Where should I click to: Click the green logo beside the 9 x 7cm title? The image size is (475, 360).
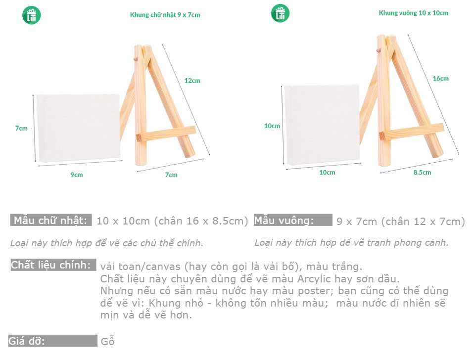(32, 15)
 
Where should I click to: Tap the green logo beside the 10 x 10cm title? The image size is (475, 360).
(280, 13)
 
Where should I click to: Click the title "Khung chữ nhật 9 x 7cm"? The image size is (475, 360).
(165, 15)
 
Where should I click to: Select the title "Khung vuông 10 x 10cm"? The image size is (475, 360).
(414, 13)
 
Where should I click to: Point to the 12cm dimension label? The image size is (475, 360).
(192, 81)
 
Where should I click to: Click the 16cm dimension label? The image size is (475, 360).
(440, 79)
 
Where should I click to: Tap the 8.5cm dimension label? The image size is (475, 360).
(422, 172)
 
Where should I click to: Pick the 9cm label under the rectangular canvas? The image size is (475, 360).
(77, 175)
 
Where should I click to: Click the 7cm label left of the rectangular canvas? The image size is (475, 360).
(21, 128)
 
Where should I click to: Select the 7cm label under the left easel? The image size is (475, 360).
(171, 175)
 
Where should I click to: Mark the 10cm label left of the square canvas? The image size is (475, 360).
(272, 126)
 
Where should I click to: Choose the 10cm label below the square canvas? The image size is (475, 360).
(327, 172)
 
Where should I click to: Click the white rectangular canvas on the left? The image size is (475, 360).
(78, 128)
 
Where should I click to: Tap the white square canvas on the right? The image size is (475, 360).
(322, 125)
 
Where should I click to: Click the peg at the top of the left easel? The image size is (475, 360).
(136, 59)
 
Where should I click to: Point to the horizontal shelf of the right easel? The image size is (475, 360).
(412, 132)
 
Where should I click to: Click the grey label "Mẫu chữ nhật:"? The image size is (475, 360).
(50, 220)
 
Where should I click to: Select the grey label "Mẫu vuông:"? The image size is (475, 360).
(293, 220)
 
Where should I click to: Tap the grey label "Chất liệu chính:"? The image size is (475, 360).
(53, 265)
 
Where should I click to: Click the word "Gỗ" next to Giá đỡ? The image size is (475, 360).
(107, 341)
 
